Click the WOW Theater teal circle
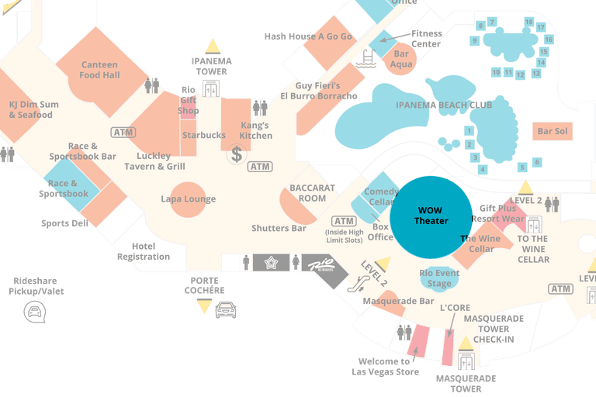click(x=431, y=217)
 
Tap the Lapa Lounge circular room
click(x=189, y=199)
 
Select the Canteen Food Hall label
click(x=99, y=70)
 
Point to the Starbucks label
click(x=204, y=135)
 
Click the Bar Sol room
click(x=553, y=132)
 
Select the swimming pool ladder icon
click(x=365, y=57)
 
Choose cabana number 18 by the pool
click(x=541, y=25)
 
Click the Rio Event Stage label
click(x=439, y=278)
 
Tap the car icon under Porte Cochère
click(x=225, y=310)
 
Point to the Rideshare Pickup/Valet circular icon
click(x=35, y=312)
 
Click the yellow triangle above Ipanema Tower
click(x=213, y=46)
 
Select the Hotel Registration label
click(x=144, y=251)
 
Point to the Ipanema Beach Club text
click(x=444, y=105)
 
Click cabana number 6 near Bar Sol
click(x=536, y=162)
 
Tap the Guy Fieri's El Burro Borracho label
click(x=318, y=91)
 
